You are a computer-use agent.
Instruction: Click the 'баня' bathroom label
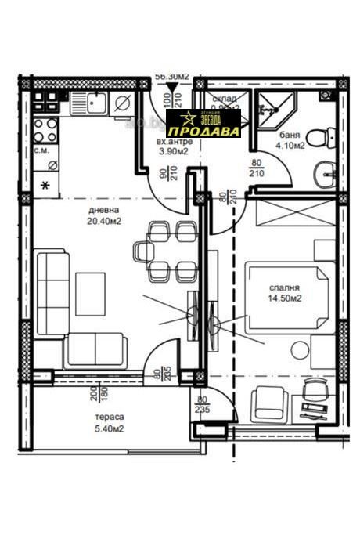[289, 135]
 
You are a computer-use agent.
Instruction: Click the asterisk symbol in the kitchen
[45, 186]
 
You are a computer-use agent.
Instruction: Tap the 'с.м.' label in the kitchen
[42, 149]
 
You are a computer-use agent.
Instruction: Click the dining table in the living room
[166, 251]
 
